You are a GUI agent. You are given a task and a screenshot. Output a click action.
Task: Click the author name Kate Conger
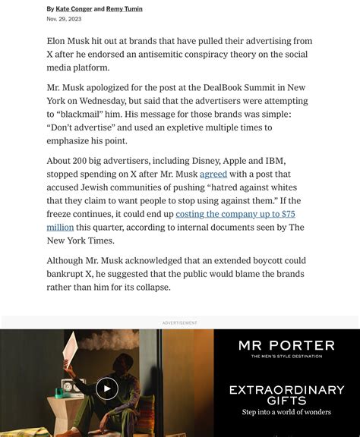74,9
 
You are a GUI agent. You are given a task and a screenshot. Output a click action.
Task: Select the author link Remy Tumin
125,9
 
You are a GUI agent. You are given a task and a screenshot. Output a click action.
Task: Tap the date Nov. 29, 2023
64,20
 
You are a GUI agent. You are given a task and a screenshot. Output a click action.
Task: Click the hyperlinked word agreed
213,174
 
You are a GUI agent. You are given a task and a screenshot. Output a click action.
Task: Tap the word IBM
274,161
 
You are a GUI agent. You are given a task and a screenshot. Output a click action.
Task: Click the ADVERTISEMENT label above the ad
180,323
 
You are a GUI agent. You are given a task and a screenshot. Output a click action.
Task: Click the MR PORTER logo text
286,345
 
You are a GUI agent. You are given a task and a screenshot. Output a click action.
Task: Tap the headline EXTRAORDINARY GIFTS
286,395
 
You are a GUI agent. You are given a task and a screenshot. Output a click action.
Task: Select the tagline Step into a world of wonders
286,413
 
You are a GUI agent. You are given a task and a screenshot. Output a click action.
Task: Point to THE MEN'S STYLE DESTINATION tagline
286,356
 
